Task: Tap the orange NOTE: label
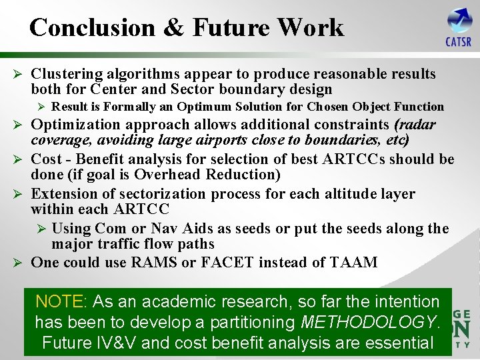[x=60, y=301]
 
